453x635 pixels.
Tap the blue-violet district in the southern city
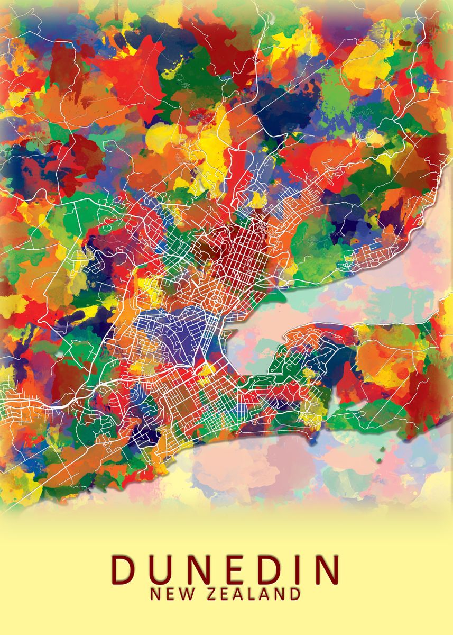(174, 331)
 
